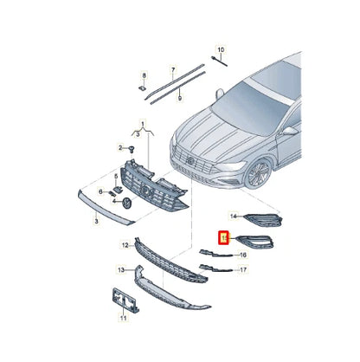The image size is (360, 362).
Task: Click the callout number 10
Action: [x=220, y=51]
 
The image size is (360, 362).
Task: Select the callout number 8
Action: [x=145, y=74]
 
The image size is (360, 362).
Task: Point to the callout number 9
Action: [x=180, y=98]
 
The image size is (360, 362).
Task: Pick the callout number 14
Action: [x=233, y=215]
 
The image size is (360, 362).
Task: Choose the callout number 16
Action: [x=242, y=255]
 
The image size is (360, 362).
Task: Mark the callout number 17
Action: [x=243, y=270]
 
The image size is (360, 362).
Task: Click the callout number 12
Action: [x=125, y=245]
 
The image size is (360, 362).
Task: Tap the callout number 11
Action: [x=122, y=318]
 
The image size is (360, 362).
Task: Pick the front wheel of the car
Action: [x=257, y=175]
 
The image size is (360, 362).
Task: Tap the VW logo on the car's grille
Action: [x=188, y=160]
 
